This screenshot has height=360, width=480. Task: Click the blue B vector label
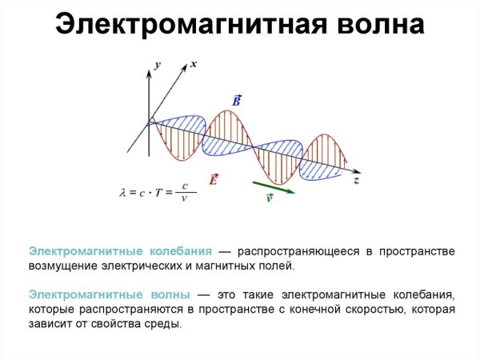pos(237,101)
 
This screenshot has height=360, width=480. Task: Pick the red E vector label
pos(214,180)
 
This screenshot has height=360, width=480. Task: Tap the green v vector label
pos(269,198)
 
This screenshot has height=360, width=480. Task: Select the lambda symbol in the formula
pos(122,192)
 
